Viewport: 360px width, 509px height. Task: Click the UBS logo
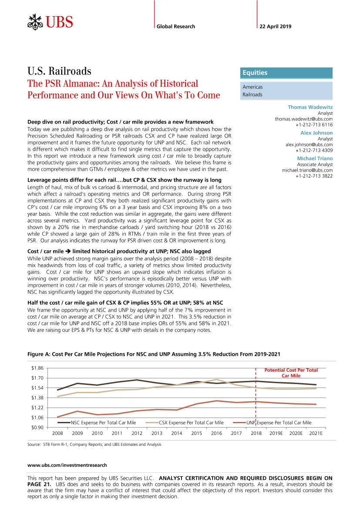coord(50,22)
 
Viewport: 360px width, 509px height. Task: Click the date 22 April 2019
coord(275,27)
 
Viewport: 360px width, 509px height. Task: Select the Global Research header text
coord(175,27)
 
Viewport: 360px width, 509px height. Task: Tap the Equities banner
coord(286,73)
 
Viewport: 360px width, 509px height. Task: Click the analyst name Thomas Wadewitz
coord(310,107)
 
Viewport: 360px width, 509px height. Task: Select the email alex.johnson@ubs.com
coord(309,144)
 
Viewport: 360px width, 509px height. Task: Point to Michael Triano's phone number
coord(314,176)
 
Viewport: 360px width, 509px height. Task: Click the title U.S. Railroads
coord(59,71)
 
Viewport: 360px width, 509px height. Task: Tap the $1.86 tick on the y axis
coord(37,368)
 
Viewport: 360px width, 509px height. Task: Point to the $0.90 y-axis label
coord(37,427)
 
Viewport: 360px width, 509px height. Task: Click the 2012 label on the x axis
coord(137,433)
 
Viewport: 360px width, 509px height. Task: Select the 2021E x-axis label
coord(315,433)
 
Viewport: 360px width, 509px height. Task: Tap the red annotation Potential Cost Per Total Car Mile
coord(291,373)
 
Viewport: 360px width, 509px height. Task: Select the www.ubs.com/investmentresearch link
coord(67,465)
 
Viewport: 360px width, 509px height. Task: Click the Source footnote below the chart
coord(94,445)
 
